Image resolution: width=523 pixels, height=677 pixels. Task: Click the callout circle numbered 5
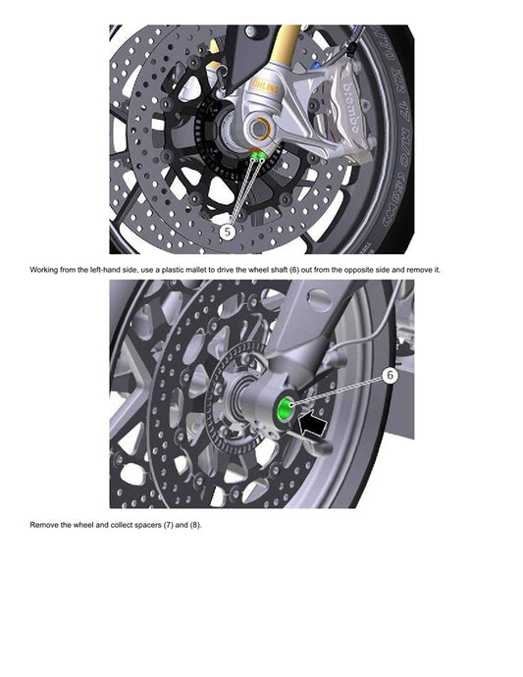[x=228, y=232]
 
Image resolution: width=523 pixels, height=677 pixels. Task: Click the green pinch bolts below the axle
[x=257, y=155]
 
